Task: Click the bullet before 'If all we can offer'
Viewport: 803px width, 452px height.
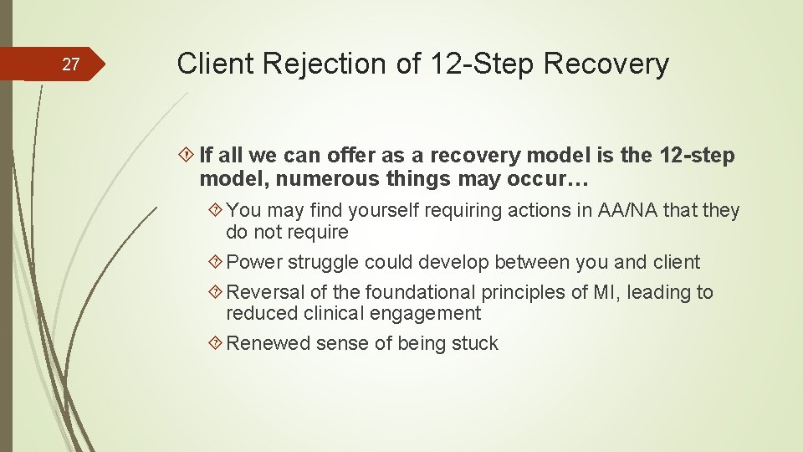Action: pyautogui.click(x=188, y=156)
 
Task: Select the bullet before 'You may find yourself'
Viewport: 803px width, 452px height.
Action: pyautogui.click(x=216, y=211)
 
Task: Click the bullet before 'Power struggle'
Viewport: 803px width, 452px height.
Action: pyautogui.click(x=216, y=262)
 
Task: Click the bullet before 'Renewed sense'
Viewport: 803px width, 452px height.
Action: pyautogui.click(x=216, y=343)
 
